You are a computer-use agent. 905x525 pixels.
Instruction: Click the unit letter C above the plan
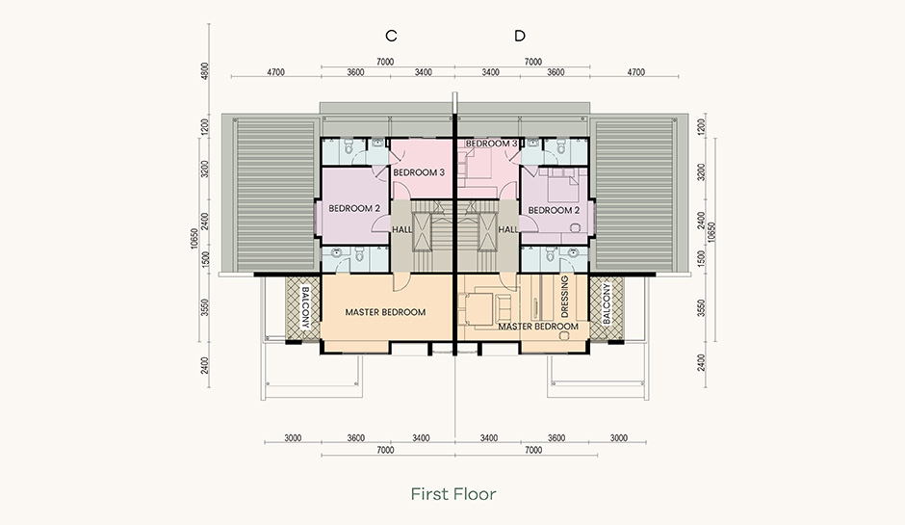pos(391,36)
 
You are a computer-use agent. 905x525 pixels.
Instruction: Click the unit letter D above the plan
pos(520,36)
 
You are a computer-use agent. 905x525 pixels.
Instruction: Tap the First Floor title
pos(453,494)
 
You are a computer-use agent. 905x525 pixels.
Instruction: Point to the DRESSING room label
pos(564,297)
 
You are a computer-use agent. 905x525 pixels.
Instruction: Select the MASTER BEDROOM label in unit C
pos(385,312)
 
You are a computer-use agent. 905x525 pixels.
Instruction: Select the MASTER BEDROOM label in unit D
pos(538,327)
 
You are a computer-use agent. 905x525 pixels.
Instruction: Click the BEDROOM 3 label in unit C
pos(419,172)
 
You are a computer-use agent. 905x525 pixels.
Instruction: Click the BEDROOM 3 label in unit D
pos(491,144)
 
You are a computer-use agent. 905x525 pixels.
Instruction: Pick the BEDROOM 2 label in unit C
pos(354,208)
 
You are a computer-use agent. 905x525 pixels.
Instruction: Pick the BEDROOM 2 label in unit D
pos(554,210)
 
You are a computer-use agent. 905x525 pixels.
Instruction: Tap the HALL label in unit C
pos(401,229)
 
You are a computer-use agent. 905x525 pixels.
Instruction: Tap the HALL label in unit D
pos(508,229)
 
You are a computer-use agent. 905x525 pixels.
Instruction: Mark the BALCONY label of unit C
pos(305,308)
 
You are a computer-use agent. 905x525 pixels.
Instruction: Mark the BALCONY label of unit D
pos(606,303)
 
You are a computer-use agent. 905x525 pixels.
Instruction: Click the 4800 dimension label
pos(205,71)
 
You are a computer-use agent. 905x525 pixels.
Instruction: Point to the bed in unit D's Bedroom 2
pos(558,185)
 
